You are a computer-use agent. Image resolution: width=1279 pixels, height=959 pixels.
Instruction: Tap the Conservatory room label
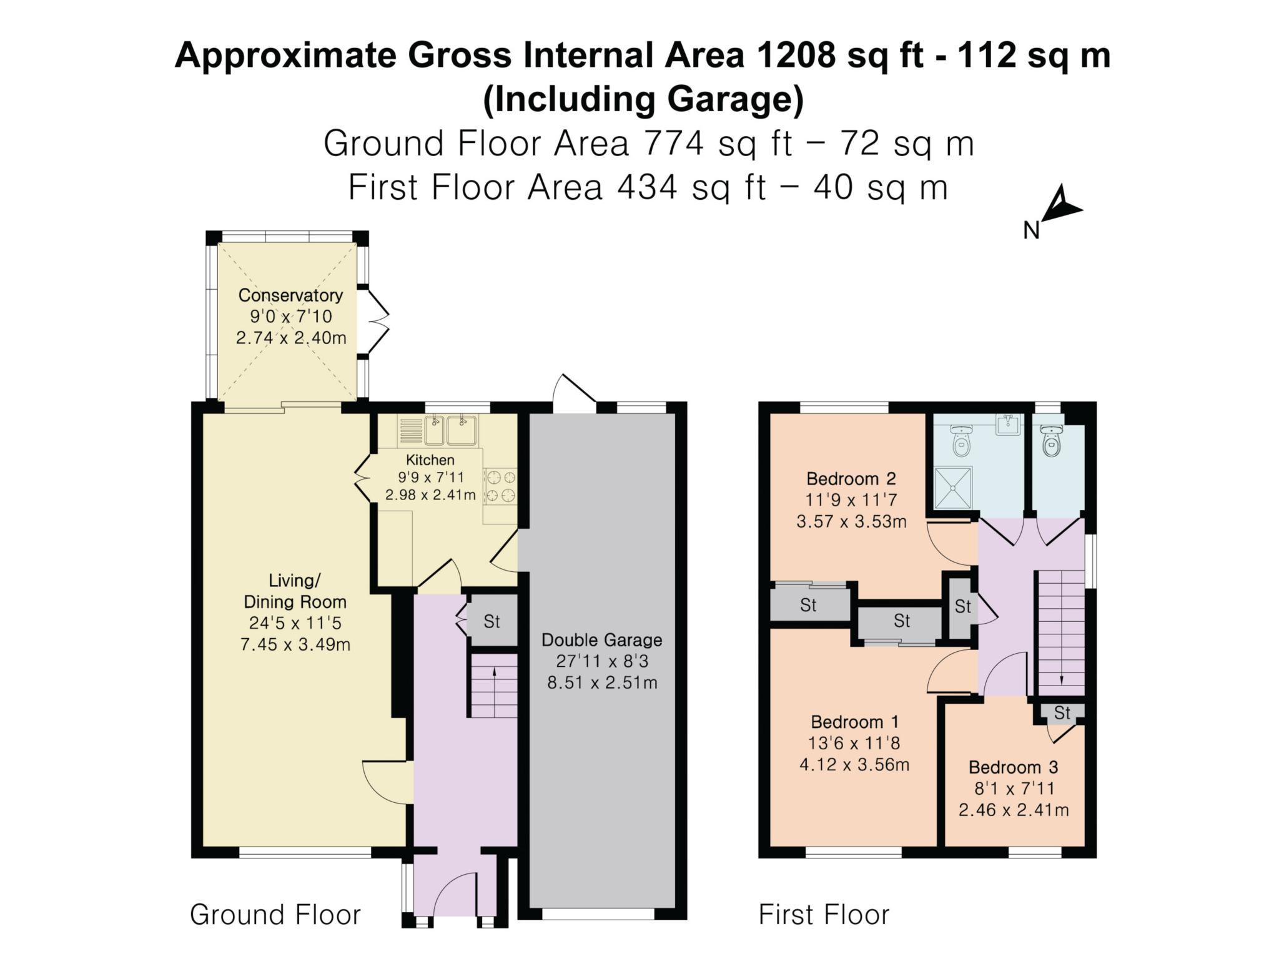[290, 295]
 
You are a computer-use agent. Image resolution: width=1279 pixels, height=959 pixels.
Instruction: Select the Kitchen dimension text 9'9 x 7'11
[430, 478]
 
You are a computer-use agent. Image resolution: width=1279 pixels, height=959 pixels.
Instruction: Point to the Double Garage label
[601, 640]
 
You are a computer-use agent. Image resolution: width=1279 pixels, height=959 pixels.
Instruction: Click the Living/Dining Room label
[294, 591]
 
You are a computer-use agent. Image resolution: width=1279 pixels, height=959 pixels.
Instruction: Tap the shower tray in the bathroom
[953, 489]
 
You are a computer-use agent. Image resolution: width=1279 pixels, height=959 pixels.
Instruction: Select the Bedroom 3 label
[1013, 767]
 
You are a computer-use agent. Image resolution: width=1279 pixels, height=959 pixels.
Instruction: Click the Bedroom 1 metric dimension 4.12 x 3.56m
[854, 764]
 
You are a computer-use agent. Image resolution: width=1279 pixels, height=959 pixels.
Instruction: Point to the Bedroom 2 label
[851, 479]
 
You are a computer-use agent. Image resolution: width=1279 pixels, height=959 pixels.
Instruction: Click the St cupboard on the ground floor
[492, 621]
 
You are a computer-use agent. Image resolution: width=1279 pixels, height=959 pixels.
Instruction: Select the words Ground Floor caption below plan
[275, 915]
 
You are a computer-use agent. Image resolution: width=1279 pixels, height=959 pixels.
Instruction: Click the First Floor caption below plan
[824, 915]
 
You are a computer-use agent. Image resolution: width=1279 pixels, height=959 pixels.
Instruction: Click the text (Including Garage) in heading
[643, 100]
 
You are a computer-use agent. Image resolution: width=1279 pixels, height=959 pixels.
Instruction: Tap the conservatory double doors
[377, 322]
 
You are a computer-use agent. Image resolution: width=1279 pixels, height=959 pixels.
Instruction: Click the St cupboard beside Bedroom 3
[1062, 712]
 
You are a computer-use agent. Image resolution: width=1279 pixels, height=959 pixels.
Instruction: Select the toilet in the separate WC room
[1052, 441]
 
